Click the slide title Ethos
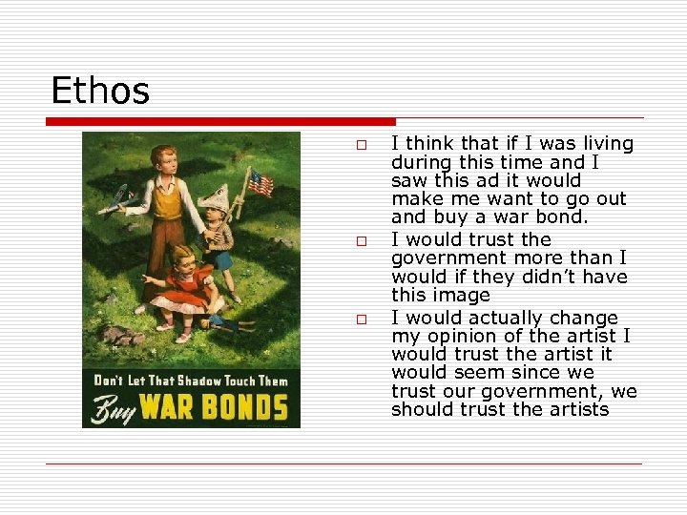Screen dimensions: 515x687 (100, 92)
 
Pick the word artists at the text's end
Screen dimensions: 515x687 (577, 409)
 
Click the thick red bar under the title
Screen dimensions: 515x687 (220, 121)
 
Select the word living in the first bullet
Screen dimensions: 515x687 (605, 143)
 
